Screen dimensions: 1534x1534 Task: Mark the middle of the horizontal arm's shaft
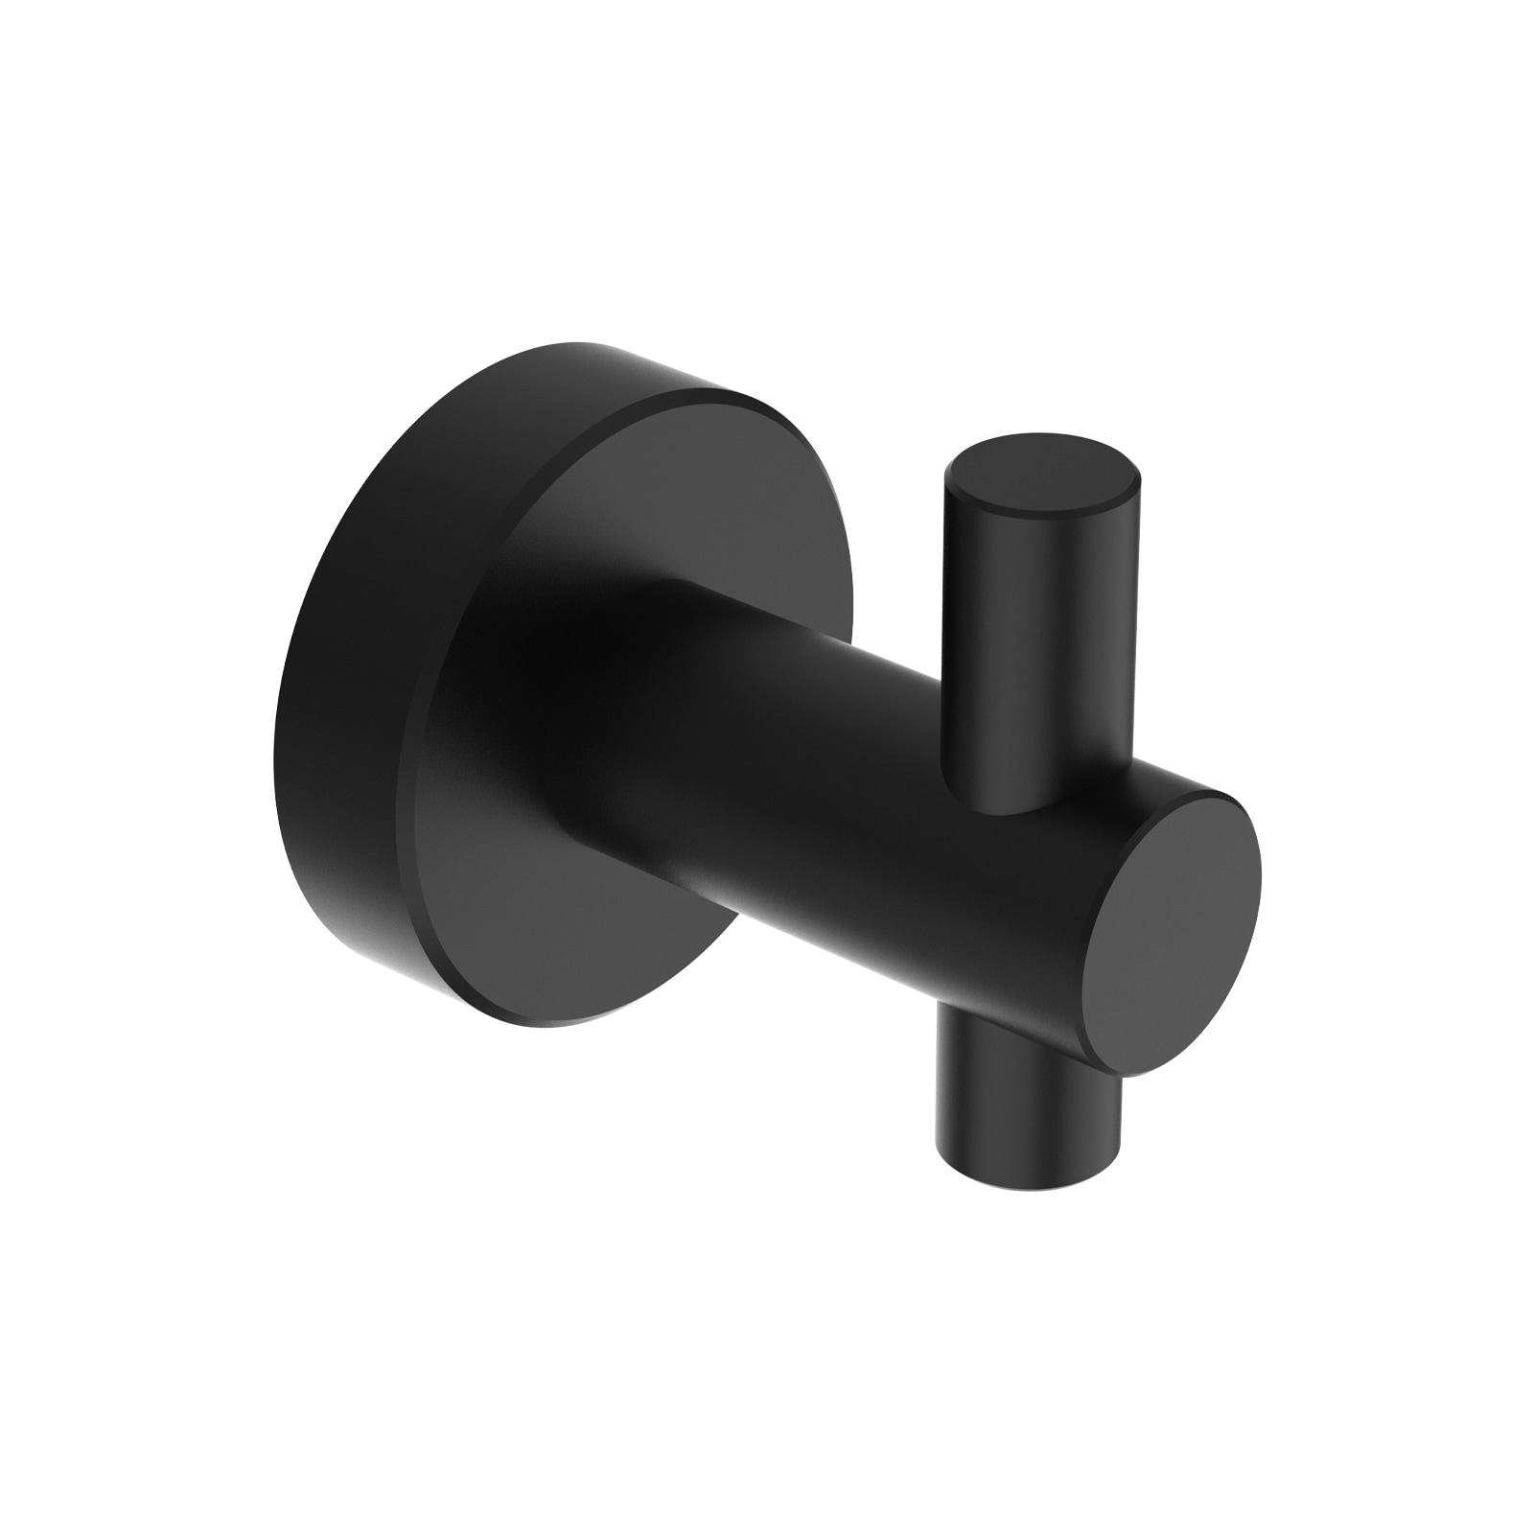[x=863, y=767]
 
